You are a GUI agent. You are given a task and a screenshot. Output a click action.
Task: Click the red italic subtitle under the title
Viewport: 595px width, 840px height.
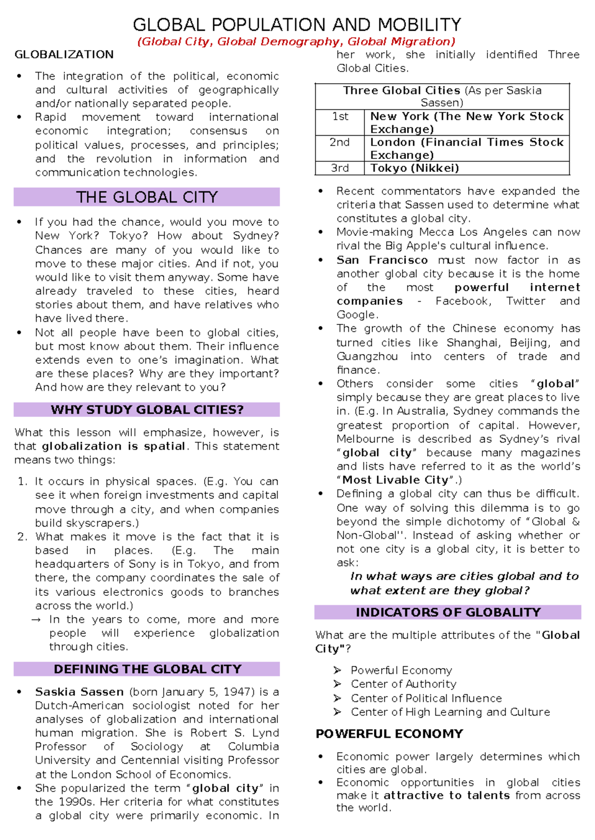[296, 42]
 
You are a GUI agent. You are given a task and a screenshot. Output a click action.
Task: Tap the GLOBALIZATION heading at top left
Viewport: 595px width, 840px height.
[64, 54]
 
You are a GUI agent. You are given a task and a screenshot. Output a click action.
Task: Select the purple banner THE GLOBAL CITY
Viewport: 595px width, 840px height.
[147, 197]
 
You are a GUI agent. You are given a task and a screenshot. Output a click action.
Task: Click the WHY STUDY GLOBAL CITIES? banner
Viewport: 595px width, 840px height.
[147, 410]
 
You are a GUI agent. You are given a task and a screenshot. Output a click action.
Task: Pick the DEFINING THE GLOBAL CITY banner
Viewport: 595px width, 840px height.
[147, 669]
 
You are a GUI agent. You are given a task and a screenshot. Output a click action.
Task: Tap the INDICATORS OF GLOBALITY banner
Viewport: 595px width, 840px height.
[448, 612]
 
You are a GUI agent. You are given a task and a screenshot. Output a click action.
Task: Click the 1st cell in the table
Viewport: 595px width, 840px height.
[340, 116]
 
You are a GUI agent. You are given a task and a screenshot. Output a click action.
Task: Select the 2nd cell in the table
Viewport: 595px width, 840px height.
[340, 142]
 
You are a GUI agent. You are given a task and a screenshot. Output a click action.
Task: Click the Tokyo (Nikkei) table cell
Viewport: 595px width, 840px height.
[415, 168]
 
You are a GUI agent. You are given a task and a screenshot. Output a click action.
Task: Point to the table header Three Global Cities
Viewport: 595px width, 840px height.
[402, 91]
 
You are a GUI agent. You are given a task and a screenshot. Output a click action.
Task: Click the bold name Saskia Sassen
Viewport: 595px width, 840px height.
[79, 692]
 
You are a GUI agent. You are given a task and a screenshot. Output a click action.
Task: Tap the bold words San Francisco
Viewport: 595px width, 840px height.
[382, 260]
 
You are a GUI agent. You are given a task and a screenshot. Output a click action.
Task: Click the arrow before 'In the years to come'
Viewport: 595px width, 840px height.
[36, 620]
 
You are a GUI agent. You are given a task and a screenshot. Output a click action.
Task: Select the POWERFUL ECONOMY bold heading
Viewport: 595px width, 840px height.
[389, 734]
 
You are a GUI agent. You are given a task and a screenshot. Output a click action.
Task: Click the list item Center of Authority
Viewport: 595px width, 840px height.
[403, 684]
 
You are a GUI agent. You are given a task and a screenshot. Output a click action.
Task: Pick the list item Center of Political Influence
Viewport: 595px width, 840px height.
[426, 698]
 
